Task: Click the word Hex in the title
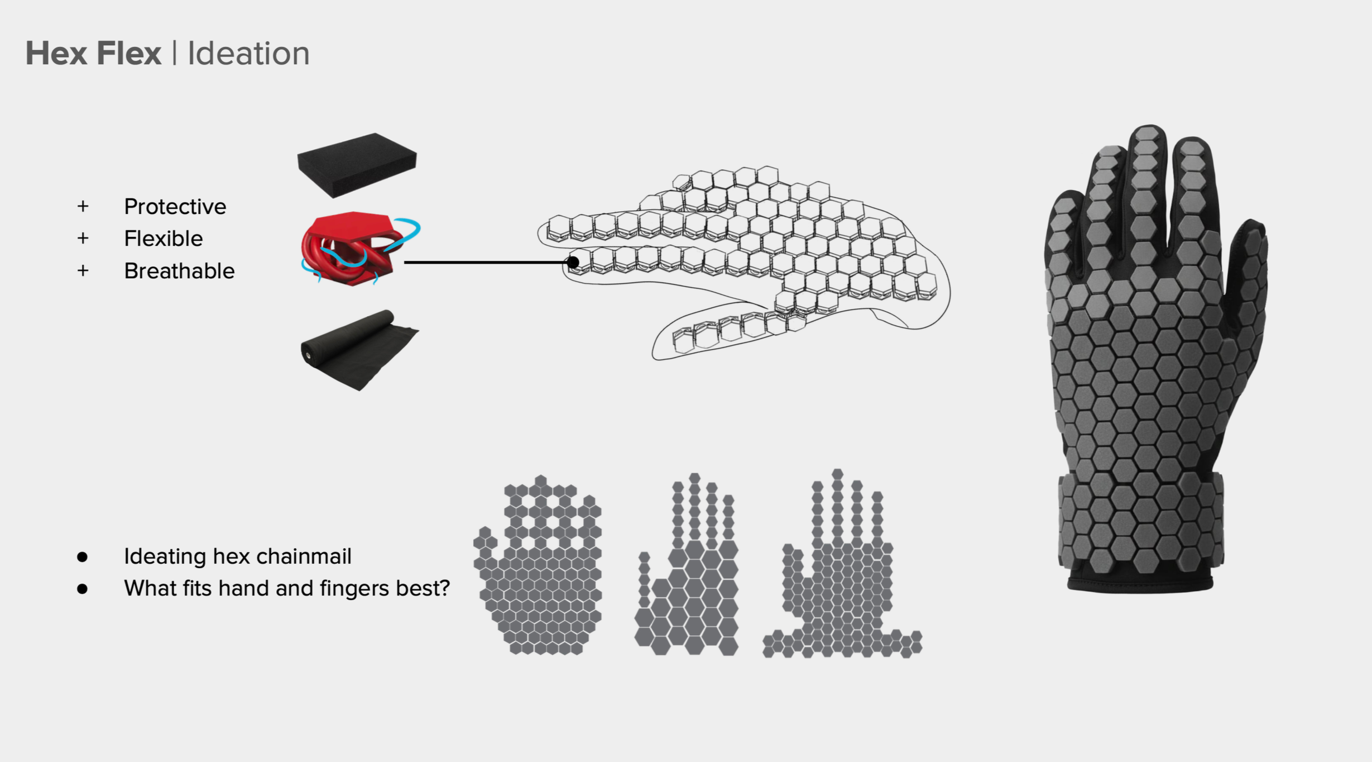click(x=56, y=54)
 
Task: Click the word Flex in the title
click(x=128, y=54)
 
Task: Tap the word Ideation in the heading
click(x=248, y=54)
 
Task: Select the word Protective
click(x=175, y=207)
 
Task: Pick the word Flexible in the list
click(x=163, y=239)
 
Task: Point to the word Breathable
click(x=179, y=271)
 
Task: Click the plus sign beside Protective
click(x=83, y=207)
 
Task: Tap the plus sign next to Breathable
click(x=83, y=271)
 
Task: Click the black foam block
click(x=357, y=164)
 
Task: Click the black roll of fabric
click(x=357, y=349)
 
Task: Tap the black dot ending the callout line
click(x=573, y=262)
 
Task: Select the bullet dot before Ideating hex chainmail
click(x=83, y=556)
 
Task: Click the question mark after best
click(x=445, y=588)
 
